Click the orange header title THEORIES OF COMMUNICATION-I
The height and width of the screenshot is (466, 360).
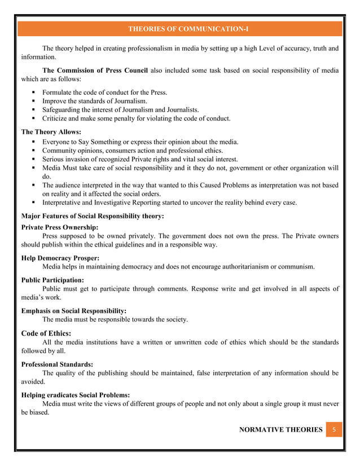pos(180,29)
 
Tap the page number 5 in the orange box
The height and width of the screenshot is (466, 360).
pos(333,430)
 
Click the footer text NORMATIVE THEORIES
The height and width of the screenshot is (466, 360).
pos(280,430)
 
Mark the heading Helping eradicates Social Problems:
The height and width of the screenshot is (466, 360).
pos(75,395)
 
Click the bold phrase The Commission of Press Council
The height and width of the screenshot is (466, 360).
pos(95,71)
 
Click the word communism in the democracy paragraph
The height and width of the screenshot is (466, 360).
pos(295,266)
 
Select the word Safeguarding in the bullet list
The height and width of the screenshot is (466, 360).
pos(63,109)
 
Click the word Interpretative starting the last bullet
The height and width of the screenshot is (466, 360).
pos(63,203)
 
